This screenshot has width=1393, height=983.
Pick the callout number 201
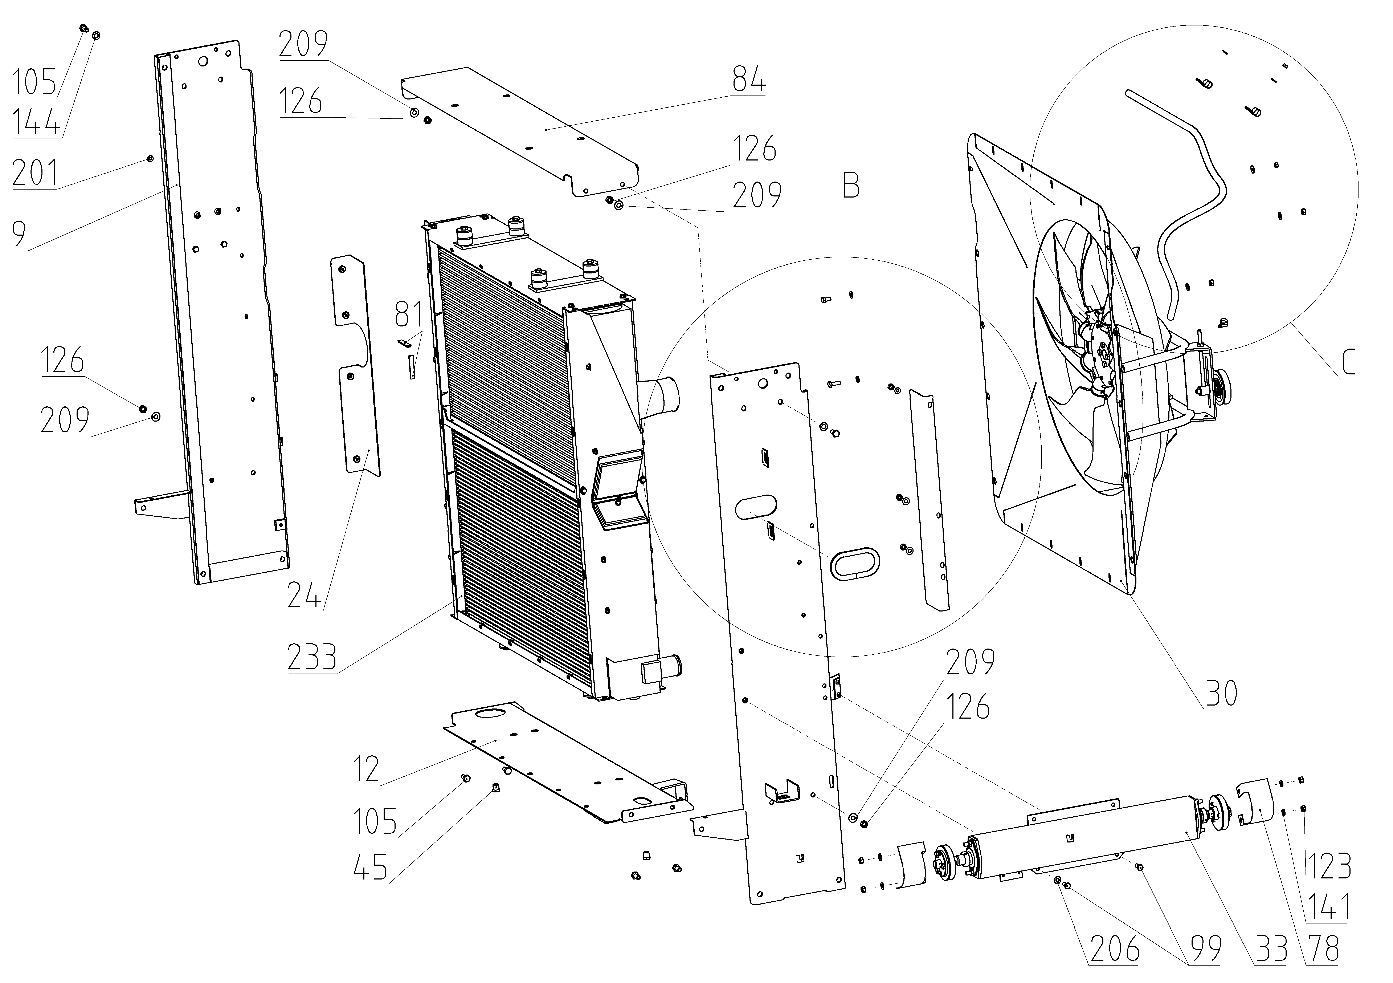coord(35,173)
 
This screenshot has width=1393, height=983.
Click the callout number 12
coord(367,769)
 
